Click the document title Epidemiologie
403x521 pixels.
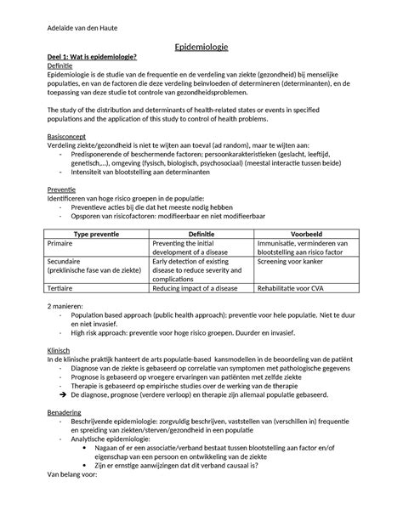coord(201,50)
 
